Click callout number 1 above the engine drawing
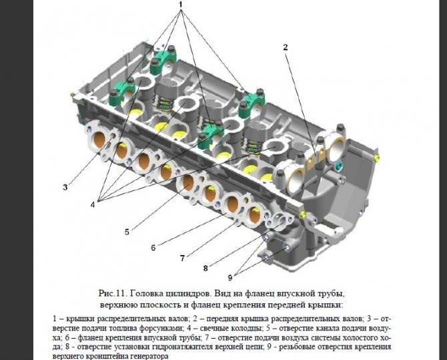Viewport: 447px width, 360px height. pos(181,5)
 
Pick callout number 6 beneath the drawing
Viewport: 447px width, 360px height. pos(153,247)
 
